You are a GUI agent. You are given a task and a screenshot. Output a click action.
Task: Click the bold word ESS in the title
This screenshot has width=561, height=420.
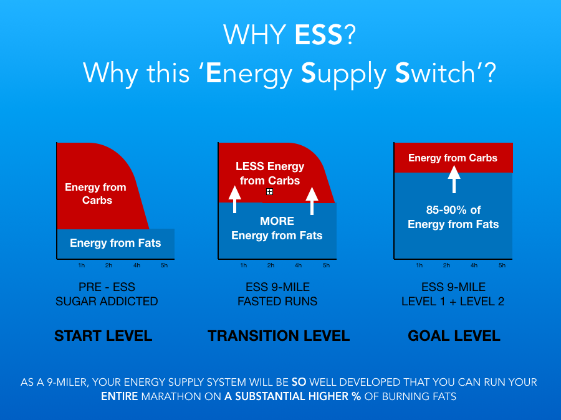(319, 35)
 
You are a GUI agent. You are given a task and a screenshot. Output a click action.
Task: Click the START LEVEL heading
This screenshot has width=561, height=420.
(103, 336)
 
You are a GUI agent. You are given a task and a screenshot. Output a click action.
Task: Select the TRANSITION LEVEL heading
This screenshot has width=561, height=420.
(279, 336)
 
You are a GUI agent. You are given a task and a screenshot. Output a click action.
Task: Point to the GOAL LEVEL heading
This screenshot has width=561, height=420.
(454, 336)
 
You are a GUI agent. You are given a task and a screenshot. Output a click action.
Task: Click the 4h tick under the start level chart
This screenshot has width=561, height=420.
(137, 265)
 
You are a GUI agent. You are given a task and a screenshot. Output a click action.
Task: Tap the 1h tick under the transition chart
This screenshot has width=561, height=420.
(243, 265)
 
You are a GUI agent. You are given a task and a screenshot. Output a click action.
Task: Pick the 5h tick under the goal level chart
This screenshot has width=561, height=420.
(502, 265)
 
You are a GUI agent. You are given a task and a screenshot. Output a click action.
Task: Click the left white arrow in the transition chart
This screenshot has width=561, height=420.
(235, 199)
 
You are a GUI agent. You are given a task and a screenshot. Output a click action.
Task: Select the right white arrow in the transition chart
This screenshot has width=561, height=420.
(312, 200)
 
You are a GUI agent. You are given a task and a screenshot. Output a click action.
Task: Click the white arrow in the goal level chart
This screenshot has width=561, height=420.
(454, 179)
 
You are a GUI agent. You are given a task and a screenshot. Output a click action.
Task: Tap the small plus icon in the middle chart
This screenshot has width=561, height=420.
(270, 192)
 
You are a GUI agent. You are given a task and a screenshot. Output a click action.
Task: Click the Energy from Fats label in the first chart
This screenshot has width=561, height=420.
(115, 243)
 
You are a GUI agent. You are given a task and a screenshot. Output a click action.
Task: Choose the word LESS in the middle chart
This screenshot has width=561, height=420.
(250, 166)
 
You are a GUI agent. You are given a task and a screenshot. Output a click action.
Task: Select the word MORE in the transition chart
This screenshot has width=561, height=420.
(277, 221)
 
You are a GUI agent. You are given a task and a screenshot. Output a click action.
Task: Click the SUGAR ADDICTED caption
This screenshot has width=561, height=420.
(107, 301)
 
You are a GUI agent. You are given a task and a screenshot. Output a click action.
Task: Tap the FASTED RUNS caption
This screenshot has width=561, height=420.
(277, 301)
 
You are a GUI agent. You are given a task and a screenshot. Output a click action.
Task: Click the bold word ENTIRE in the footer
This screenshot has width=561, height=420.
(120, 396)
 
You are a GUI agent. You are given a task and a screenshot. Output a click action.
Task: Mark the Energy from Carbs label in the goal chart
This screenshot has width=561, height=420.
(453, 158)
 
